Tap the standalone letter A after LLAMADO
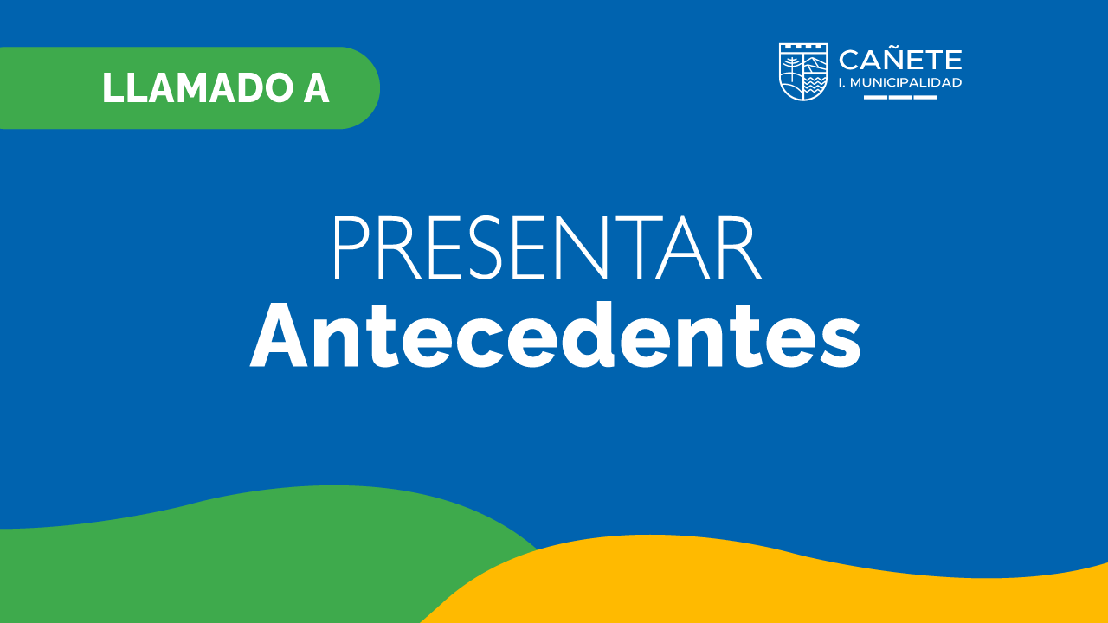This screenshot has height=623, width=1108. tap(316, 88)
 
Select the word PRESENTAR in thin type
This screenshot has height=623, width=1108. tap(548, 247)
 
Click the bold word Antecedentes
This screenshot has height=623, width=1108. tap(555, 335)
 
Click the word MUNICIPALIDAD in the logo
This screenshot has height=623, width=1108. tap(906, 82)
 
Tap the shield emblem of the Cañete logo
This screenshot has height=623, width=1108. tap(803, 72)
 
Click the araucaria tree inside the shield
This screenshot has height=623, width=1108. tap(791, 69)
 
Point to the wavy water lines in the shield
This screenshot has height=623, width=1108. tap(814, 85)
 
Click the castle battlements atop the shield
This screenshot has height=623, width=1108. tap(803, 47)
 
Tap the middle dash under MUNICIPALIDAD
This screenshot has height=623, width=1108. tap(900, 98)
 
